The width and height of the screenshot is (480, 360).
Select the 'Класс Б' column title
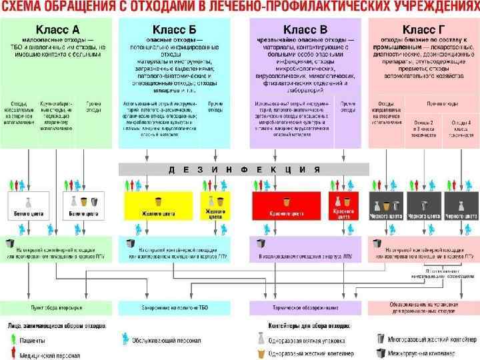tap(174, 29)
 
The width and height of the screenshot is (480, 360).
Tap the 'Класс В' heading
tap(305, 29)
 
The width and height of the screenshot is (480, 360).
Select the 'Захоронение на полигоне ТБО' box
tap(174, 308)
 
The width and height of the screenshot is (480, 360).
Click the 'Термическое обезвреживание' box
tap(305, 308)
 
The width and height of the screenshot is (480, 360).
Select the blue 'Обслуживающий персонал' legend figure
tap(125, 339)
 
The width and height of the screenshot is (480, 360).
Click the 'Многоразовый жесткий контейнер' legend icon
tap(381, 339)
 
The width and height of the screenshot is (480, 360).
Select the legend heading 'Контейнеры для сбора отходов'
tap(304, 327)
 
